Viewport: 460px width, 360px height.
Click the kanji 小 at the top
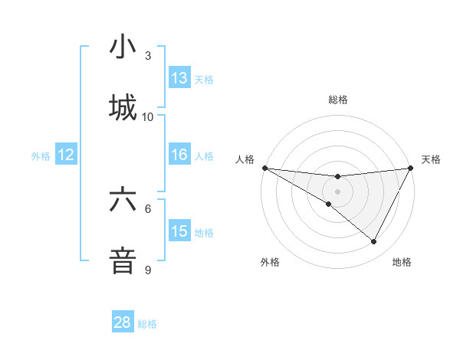(x=123, y=47)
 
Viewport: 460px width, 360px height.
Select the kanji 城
(x=123, y=107)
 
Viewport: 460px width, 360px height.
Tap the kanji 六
(x=123, y=201)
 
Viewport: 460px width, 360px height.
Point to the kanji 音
(x=123, y=260)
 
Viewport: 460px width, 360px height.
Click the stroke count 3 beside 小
(x=148, y=56)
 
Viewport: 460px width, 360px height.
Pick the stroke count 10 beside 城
(x=148, y=117)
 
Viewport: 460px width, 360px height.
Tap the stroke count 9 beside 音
(x=148, y=270)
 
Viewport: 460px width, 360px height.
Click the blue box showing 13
(x=179, y=78)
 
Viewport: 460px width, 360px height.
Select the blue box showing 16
(x=179, y=155)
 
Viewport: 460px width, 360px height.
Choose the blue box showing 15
(x=179, y=231)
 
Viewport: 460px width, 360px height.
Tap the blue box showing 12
(x=66, y=155)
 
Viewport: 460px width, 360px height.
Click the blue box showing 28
(x=123, y=322)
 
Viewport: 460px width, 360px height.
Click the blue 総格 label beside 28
(x=147, y=324)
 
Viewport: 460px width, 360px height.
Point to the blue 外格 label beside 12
(x=41, y=156)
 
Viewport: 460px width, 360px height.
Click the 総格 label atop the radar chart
(x=338, y=100)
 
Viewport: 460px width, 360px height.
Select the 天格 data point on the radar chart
(x=411, y=168)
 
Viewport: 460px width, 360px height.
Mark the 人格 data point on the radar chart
(x=264, y=168)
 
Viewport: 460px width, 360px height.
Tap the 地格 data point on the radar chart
(x=374, y=242)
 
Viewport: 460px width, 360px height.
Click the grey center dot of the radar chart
(x=338, y=191)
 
